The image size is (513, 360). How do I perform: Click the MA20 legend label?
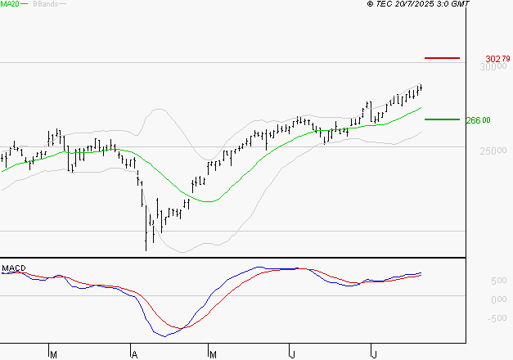[x=10, y=4]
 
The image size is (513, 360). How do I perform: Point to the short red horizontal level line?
[x=443, y=58]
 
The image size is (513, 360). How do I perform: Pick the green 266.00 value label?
[x=477, y=120]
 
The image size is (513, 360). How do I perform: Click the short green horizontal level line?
[x=443, y=119]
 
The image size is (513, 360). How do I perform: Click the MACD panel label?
[x=14, y=268]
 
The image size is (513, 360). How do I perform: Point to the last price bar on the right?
[x=421, y=88]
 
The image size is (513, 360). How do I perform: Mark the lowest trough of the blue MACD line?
[x=164, y=335]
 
